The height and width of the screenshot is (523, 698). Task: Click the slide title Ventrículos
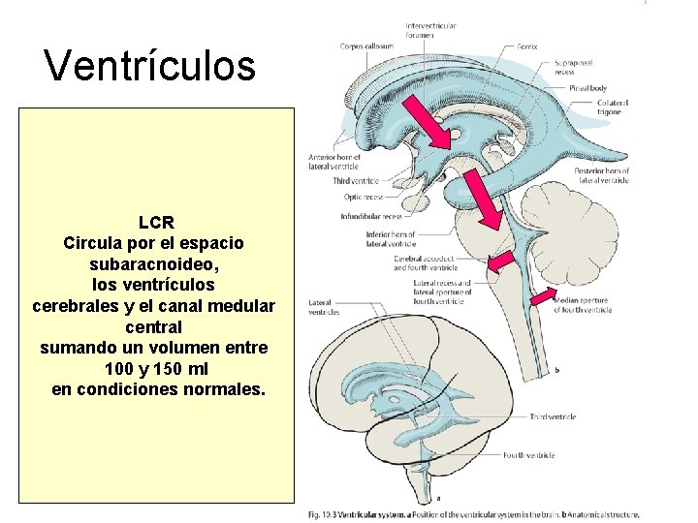[150, 66]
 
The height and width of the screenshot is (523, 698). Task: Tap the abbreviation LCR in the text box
[156, 223]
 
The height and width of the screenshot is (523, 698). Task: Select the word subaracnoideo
[154, 263]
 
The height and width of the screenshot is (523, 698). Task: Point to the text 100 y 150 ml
[155, 370]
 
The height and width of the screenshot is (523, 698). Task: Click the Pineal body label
[588, 87]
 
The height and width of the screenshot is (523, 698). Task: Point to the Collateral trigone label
[613, 107]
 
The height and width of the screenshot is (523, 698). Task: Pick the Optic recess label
[365, 197]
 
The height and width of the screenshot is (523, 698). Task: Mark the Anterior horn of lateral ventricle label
[333, 162]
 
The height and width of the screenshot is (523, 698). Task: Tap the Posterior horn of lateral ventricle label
[601, 175]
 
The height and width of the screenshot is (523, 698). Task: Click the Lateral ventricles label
[324, 307]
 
